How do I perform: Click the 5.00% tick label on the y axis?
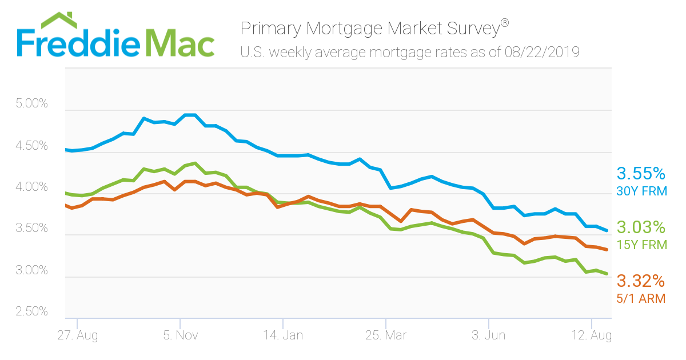tap(32, 103)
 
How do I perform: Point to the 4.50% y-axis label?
tap(32, 146)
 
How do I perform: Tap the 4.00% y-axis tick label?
tap(32, 187)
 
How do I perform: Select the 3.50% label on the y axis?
tap(32, 228)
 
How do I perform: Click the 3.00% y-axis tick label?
tap(32, 270)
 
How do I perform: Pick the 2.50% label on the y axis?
tap(32, 311)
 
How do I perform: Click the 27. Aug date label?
tap(78, 335)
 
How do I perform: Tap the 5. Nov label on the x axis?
tap(181, 335)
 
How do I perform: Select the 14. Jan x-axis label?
tap(284, 335)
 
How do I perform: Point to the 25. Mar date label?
tap(386, 335)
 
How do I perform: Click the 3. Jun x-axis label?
tap(488, 335)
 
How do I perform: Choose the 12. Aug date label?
tap(592, 335)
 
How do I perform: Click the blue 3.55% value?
tap(641, 174)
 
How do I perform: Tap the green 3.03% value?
tap(641, 227)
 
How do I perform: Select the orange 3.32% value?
tap(641, 281)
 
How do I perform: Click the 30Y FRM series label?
tap(641, 191)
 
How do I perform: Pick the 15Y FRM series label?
tap(641, 245)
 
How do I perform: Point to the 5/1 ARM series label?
tap(641, 299)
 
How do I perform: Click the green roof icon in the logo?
tap(59, 20)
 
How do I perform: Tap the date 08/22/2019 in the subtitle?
tap(542, 53)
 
